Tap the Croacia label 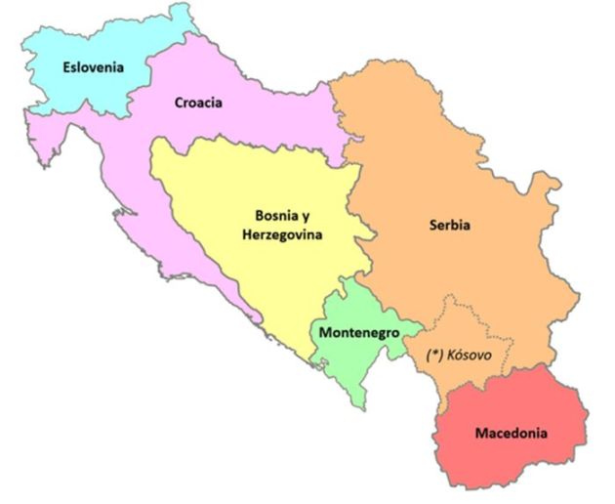[198, 102]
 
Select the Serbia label [449, 225]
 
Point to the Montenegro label [357, 332]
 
